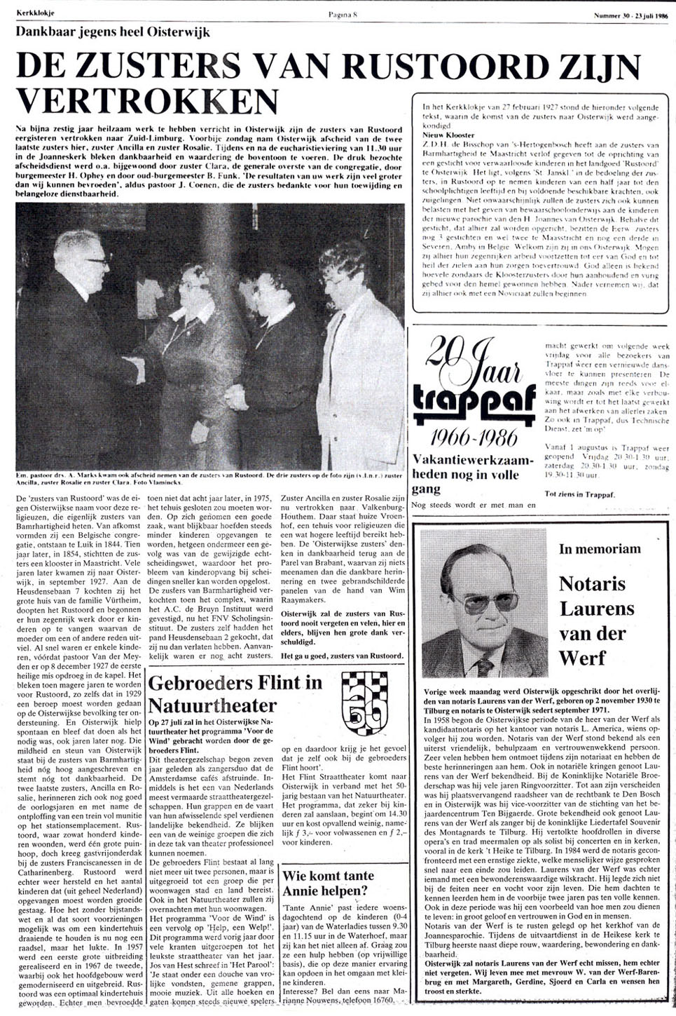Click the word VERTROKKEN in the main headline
[x=146, y=101]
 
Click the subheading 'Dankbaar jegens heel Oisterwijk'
[x=112, y=32]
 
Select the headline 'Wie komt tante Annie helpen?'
[x=328, y=883]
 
